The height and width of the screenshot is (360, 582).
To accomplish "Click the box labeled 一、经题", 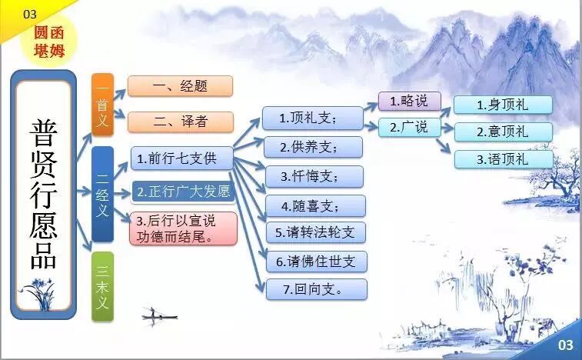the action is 180,86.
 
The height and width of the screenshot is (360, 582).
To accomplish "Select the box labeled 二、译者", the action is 180,121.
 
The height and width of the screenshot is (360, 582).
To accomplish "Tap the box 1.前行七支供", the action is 181,159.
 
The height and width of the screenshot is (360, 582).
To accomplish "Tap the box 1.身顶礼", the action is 503,105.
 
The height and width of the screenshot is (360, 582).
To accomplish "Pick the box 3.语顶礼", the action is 503,159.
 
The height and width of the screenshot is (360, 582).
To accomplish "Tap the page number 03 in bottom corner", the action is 565,345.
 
